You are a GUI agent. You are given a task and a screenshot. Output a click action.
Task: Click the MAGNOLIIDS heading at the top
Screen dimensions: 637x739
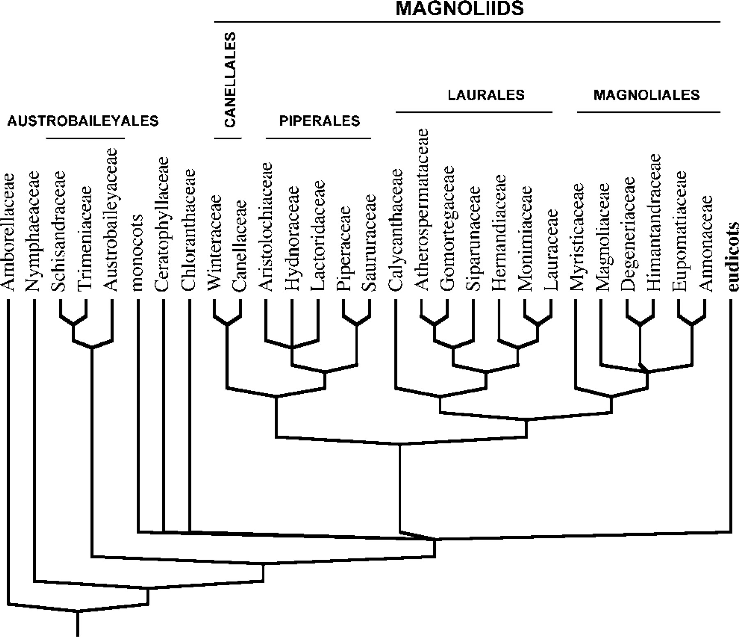[459, 8]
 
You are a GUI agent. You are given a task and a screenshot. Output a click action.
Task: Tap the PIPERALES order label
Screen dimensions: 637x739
[319, 121]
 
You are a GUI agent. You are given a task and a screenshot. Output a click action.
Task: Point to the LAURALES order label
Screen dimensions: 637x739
[486, 95]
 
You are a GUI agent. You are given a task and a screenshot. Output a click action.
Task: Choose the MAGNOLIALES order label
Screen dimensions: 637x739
[646, 95]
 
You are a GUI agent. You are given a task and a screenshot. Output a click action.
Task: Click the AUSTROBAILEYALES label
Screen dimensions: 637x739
[83, 121]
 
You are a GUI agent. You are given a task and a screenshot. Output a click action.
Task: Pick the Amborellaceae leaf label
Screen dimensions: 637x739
[8, 232]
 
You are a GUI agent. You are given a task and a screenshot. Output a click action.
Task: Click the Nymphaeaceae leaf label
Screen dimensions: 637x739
[34, 232]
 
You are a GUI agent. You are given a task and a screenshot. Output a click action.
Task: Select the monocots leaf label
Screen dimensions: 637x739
[138, 252]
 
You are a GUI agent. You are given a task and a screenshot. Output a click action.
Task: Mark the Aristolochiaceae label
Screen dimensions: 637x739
[266, 227]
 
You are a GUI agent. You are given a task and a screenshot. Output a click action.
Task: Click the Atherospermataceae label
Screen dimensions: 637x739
[422, 210]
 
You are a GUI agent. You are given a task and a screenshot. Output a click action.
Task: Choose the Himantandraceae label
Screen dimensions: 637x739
[653, 222]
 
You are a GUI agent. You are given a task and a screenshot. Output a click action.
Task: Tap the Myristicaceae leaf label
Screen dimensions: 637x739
[576, 237]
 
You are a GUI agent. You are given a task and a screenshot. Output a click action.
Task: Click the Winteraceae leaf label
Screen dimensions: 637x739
[215, 242]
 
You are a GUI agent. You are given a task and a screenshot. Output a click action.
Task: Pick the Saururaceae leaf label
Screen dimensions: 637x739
[369, 242]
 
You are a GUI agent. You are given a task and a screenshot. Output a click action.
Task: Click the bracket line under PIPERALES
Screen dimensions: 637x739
[318, 138]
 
